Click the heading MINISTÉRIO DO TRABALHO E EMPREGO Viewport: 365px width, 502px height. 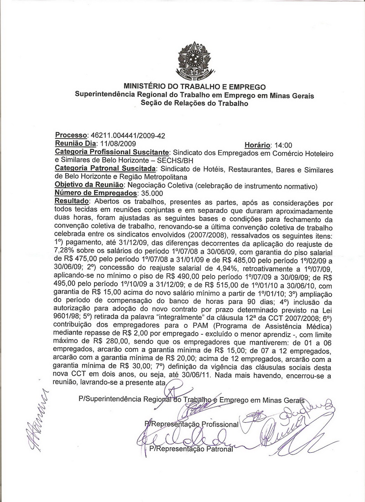coord(194,87)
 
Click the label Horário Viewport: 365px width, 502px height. coord(258,144)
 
